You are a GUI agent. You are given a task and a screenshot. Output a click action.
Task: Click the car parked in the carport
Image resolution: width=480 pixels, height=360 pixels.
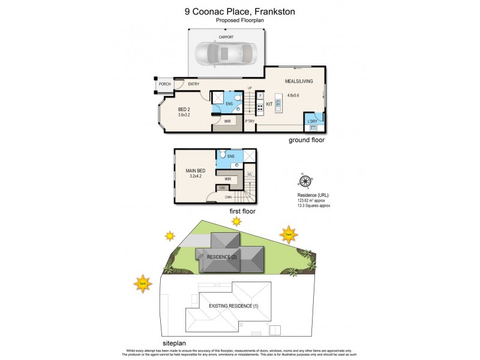[x=225, y=55]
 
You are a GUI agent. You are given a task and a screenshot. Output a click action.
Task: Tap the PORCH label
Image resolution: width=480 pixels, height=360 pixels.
[x=164, y=84]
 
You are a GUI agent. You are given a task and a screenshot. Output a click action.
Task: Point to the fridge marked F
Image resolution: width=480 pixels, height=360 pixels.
[x=260, y=96]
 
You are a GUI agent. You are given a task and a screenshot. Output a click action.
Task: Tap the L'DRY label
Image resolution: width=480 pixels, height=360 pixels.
[x=312, y=122]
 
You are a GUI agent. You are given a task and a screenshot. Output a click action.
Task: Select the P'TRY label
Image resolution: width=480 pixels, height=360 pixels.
[x=250, y=122]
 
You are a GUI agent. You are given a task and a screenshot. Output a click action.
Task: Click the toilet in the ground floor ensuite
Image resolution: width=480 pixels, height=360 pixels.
[x=238, y=107]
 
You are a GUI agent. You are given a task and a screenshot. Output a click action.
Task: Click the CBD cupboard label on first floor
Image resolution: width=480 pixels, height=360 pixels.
[x=223, y=188]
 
